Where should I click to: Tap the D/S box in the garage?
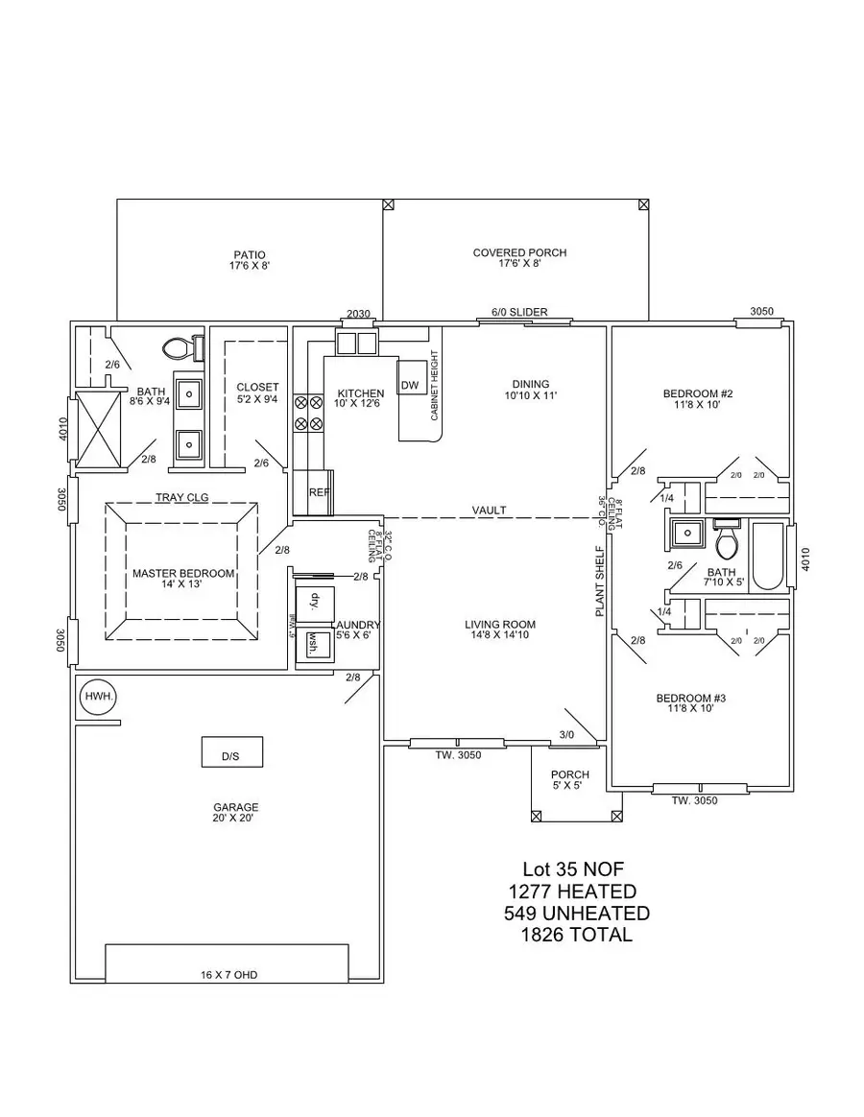[x=230, y=752]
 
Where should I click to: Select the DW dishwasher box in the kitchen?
[x=410, y=385]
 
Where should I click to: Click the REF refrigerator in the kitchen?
[x=318, y=491]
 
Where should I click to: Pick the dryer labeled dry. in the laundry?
[x=314, y=603]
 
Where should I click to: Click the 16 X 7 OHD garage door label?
[x=228, y=975]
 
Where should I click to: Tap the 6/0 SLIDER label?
[x=519, y=312]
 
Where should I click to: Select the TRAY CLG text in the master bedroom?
[x=182, y=497]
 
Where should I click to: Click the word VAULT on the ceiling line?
[x=489, y=511]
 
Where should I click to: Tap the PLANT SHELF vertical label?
[x=600, y=581]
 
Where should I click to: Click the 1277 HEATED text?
[x=573, y=891]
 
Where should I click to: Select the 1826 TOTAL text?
[x=573, y=935]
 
